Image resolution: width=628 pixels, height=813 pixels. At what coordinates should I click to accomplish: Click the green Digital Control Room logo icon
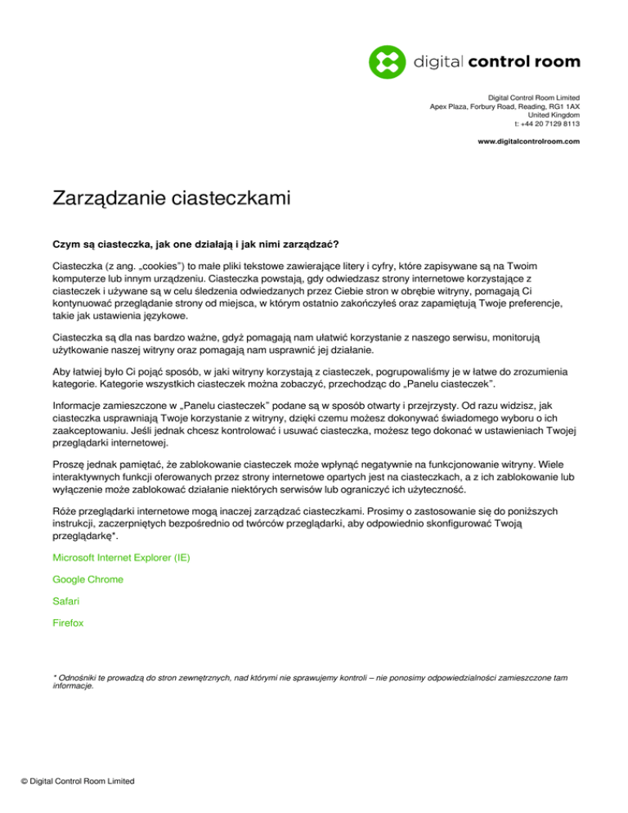point(388,61)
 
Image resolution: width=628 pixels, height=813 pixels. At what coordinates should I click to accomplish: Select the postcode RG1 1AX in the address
point(563,106)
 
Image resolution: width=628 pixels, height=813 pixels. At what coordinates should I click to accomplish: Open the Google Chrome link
point(88,579)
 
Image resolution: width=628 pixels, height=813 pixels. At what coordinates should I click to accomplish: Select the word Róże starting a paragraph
point(65,512)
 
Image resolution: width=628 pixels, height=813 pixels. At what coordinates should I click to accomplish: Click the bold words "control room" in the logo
point(536,61)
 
